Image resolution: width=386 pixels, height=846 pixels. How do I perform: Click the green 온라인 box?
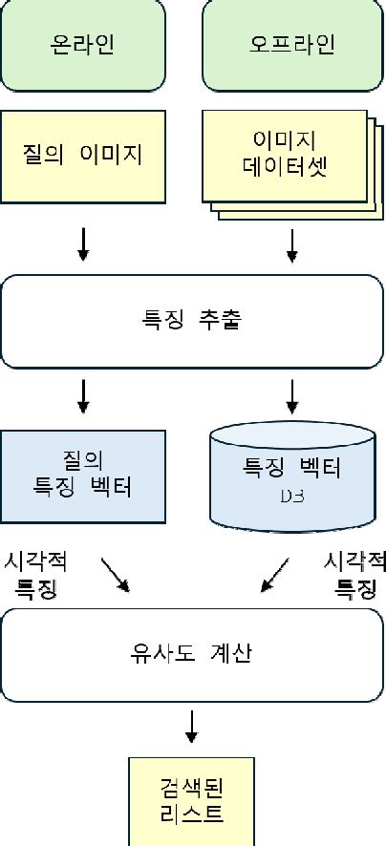pyautogui.click(x=82, y=46)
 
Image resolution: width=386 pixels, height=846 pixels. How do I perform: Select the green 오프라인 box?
pyautogui.click(x=291, y=46)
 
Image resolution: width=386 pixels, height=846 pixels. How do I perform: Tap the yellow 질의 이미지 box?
pyautogui.click(x=82, y=154)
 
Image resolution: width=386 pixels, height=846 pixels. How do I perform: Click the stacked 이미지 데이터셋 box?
pyautogui.click(x=285, y=155)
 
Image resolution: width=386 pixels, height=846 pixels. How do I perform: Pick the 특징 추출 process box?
pyautogui.click(x=191, y=321)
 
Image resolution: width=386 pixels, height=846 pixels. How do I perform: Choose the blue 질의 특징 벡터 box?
pyautogui.click(x=82, y=476)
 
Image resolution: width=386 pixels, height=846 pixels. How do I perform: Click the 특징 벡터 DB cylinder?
pyautogui.click(x=291, y=477)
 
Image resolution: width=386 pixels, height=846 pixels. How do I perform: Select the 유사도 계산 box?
pyautogui.click(x=191, y=655)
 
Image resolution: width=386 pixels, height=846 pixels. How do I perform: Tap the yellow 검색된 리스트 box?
pyautogui.click(x=191, y=800)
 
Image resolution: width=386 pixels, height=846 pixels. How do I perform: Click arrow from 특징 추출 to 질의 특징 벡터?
pyautogui.click(x=83, y=396)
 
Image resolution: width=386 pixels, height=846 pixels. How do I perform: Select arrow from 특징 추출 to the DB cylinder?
pyautogui.click(x=292, y=396)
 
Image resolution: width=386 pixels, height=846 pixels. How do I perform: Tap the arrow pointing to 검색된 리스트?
pyautogui.click(x=192, y=726)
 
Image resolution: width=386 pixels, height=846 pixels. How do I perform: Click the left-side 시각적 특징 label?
pyautogui.click(x=35, y=573)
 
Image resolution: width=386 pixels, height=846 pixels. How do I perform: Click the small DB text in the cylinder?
pyautogui.click(x=291, y=496)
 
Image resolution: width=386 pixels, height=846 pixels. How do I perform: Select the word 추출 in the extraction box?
pyautogui.click(x=222, y=321)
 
